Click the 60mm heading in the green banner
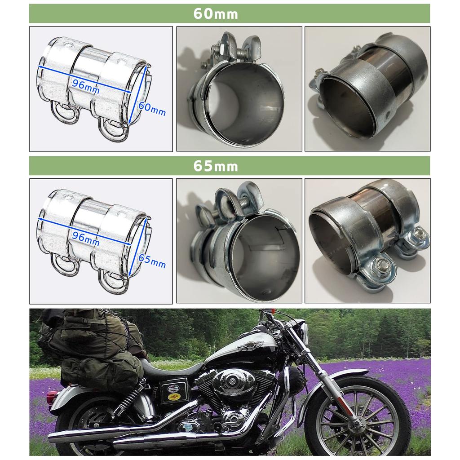pos(216,13)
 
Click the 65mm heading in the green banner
pos(216,166)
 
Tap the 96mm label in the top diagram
pos(86,86)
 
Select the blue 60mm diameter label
pos(152,108)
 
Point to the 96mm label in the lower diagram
pos(86,239)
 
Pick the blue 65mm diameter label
pos(152,261)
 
